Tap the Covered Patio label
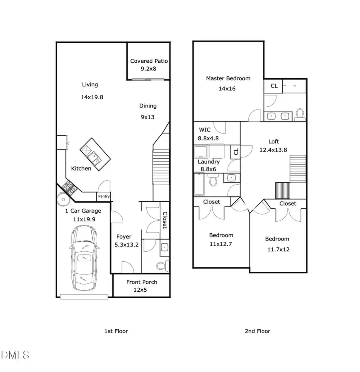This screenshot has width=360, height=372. point(149,61)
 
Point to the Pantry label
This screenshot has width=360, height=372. point(104,197)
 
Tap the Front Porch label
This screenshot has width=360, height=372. point(142,282)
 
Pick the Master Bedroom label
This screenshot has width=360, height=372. point(228,78)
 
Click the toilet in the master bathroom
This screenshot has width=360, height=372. point(300,115)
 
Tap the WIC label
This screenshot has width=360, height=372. point(205,130)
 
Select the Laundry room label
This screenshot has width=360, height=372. point(208,162)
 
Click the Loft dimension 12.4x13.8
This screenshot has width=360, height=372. point(274,150)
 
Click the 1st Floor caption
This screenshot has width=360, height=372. point(116,331)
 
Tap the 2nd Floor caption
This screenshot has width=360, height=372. point(258,331)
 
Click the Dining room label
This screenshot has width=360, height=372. point(148,106)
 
